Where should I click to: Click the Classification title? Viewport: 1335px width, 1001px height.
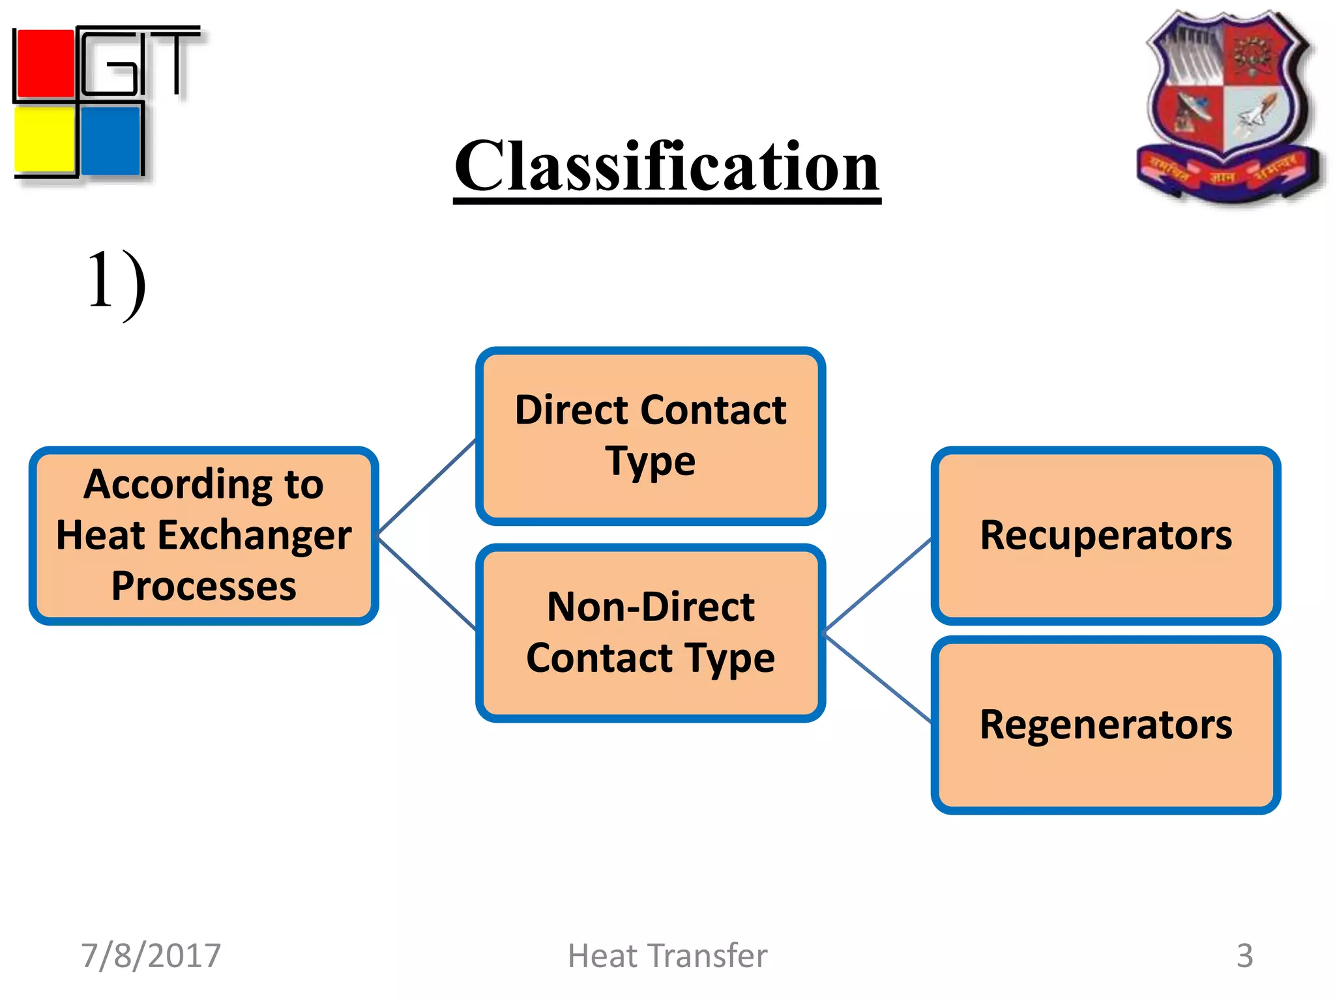point(667,167)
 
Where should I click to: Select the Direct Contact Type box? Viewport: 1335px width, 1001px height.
point(651,435)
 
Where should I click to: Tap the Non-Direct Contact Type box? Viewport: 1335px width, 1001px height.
point(651,632)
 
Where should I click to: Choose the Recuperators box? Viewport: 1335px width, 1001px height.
point(1106,535)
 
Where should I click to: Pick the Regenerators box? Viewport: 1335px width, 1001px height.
point(1106,725)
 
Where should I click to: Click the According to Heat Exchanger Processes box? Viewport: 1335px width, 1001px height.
point(203,535)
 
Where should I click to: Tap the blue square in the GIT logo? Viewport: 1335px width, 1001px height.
point(111,139)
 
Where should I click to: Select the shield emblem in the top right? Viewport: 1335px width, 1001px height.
point(1229,104)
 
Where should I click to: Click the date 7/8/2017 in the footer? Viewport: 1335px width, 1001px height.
point(151,955)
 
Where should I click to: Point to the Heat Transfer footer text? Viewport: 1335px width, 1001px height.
point(667,955)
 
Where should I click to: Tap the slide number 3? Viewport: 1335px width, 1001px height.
point(1244,955)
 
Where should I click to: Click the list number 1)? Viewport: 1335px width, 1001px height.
point(116,283)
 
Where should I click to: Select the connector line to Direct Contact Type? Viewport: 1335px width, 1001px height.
point(427,487)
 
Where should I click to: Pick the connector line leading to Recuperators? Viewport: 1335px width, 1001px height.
point(878,585)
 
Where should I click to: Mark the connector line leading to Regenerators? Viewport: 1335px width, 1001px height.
point(878,678)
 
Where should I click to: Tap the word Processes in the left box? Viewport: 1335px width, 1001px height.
point(203,586)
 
